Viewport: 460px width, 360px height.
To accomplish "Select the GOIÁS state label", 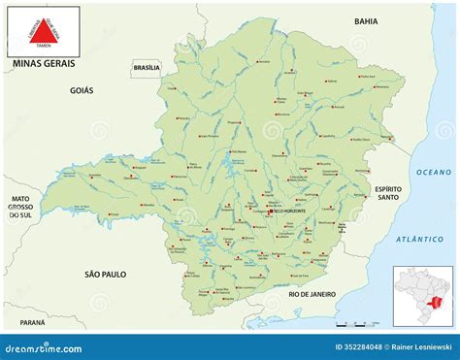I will (x=82, y=89).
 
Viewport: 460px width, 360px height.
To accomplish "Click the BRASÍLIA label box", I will (x=147, y=67).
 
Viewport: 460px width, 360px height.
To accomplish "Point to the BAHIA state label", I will (x=365, y=20).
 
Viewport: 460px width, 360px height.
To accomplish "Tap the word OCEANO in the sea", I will (x=434, y=172).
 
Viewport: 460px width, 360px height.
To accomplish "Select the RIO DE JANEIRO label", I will (x=312, y=293).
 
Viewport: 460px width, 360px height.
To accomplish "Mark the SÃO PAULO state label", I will (x=107, y=276).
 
